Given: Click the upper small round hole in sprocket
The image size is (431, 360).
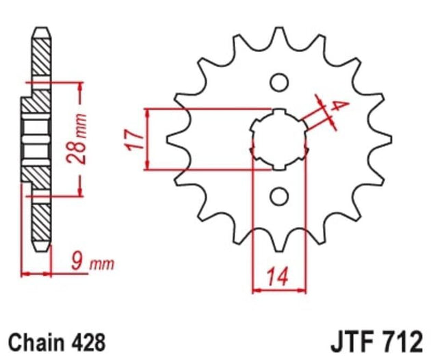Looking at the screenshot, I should [278, 82].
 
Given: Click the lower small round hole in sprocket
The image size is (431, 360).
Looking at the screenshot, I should [278, 197].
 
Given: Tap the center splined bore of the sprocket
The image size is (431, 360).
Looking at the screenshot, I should [278, 139].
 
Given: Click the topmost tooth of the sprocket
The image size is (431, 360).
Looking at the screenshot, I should [278, 34].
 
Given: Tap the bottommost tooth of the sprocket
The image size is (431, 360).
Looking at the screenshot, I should [278, 244].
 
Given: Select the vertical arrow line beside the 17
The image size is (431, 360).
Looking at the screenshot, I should [148, 138].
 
